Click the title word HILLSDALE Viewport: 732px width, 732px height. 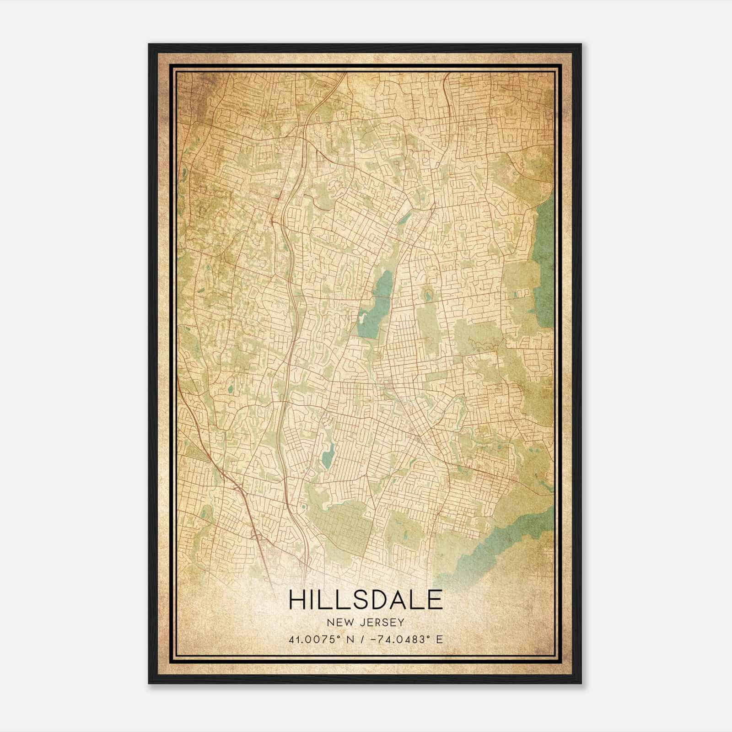coord(366,600)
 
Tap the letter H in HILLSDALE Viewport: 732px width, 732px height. coord(297,600)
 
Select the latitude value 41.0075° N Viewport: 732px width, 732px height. coord(318,640)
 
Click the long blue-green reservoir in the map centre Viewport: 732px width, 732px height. coord(375,307)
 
